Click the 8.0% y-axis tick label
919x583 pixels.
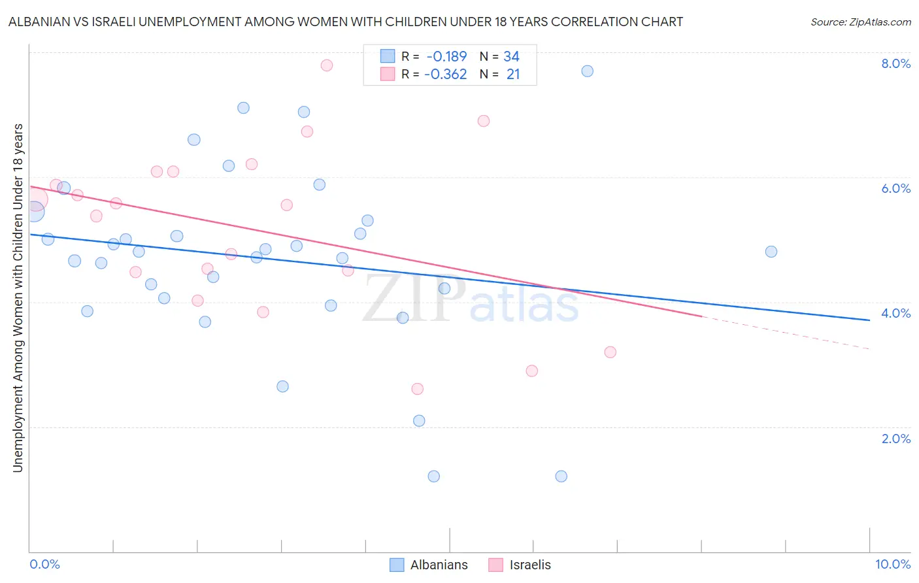click(x=895, y=63)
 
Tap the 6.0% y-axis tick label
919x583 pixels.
click(x=895, y=188)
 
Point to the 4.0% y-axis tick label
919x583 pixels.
click(x=895, y=313)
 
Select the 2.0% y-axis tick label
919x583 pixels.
click(x=895, y=439)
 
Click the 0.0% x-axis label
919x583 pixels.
click(x=44, y=564)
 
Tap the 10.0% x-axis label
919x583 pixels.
click(x=892, y=564)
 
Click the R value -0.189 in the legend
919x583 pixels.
click(x=446, y=56)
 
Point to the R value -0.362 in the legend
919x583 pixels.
click(x=446, y=74)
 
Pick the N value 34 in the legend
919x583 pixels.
click(x=511, y=56)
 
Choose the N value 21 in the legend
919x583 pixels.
click(x=513, y=74)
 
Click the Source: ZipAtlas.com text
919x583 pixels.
click(x=860, y=22)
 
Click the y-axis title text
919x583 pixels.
click(x=18, y=297)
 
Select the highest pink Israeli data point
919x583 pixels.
click(x=327, y=65)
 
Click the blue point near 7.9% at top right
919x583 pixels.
click(x=588, y=71)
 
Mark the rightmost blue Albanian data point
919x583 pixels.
click(x=771, y=252)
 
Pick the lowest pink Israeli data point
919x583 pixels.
click(x=418, y=389)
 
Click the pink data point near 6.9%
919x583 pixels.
click(x=484, y=121)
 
